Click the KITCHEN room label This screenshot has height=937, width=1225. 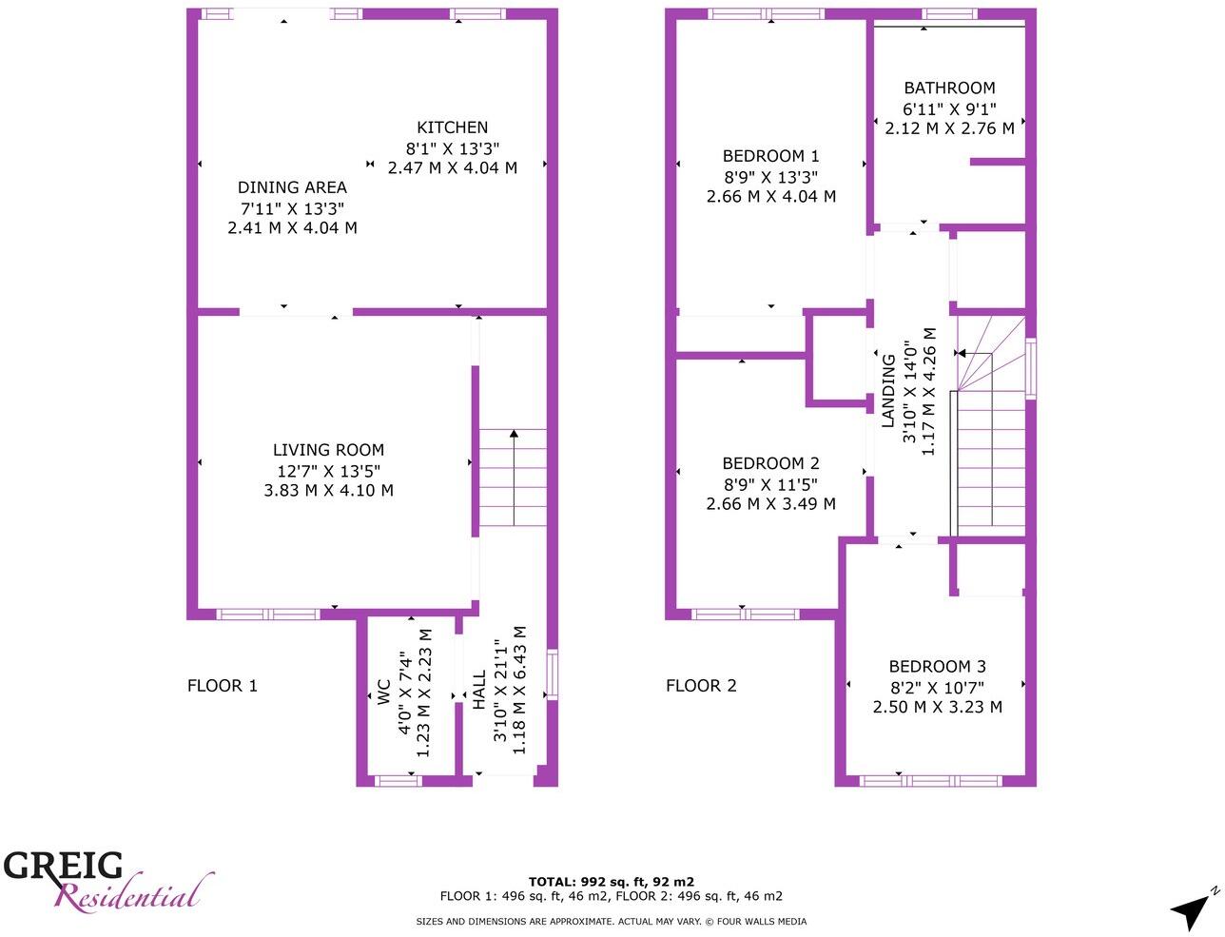coord(452,127)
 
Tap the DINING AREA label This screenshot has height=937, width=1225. coord(292,187)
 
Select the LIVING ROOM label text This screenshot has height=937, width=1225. coord(328,450)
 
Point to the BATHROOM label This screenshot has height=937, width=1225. coord(949,88)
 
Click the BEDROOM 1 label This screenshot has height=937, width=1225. coord(770,156)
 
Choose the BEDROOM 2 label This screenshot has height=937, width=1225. coord(770,463)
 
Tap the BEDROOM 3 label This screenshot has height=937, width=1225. coord(937,667)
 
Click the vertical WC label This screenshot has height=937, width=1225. coord(384,692)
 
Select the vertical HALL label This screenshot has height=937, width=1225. coord(479,690)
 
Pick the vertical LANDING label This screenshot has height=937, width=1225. coord(887,391)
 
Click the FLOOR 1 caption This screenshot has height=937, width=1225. coord(223,686)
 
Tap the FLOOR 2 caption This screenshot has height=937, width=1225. coord(701,686)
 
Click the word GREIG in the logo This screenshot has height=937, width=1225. coord(64,866)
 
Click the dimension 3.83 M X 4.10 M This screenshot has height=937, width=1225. coord(328,491)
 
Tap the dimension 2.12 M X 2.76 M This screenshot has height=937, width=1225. coord(949,128)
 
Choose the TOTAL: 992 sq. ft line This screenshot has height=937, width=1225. coord(611,882)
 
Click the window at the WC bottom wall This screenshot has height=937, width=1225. coord(399,781)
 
